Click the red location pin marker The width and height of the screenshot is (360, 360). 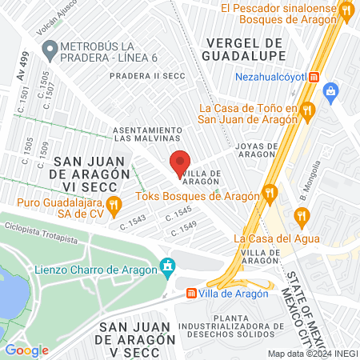pyautogui.click(x=180, y=163)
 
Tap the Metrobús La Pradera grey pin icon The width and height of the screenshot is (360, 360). pyautogui.click(x=50, y=51)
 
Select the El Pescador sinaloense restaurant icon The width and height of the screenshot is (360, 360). pyautogui.click(x=346, y=11)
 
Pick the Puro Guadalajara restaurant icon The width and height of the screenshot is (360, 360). pyautogui.click(x=114, y=203)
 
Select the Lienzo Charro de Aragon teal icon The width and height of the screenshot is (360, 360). pyautogui.click(x=167, y=266)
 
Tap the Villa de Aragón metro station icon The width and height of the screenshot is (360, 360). pyautogui.click(x=192, y=293)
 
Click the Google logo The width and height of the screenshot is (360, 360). pyautogui.click(x=26, y=350)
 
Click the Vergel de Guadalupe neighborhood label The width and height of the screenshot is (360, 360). pyautogui.click(x=245, y=48)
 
